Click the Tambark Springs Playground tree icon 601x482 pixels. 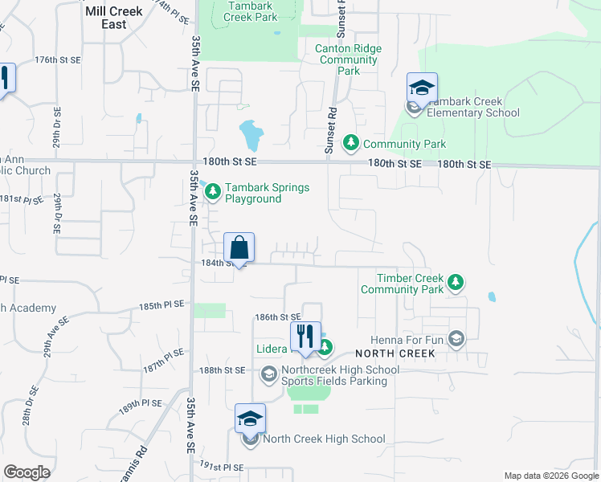point(213,191)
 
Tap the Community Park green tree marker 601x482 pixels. point(351,143)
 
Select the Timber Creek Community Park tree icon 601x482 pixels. point(456,282)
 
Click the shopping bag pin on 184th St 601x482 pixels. point(239,247)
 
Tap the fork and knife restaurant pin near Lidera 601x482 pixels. point(305,336)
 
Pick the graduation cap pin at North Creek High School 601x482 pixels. point(250,419)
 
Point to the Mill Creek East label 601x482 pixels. point(114,18)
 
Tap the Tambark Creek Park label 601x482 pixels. point(250,10)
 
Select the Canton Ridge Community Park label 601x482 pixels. point(349,59)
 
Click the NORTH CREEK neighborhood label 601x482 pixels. point(395,353)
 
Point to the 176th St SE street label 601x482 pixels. point(59,60)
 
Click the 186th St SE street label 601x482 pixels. point(277,318)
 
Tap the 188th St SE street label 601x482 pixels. point(223,370)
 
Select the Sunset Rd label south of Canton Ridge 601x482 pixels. point(329,129)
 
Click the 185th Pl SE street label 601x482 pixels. point(161,305)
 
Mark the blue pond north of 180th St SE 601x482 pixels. point(251,134)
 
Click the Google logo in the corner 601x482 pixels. point(27,472)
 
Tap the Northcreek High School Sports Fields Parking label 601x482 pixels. point(341,375)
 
